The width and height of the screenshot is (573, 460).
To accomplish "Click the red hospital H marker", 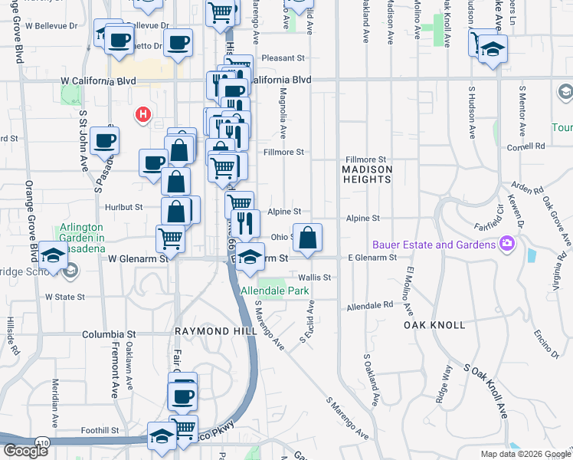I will tap(142, 116).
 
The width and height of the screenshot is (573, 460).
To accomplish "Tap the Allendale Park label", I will tap(275, 291).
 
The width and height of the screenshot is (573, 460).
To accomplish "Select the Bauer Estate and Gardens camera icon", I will tap(506, 245).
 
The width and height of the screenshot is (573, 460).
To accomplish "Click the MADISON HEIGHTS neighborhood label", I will tap(367, 174).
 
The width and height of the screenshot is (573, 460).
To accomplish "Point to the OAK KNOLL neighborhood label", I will tap(434, 325).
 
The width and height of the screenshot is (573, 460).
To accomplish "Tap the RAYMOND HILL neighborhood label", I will tap(213, 331).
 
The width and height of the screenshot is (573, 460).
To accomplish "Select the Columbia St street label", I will tap(109, 335).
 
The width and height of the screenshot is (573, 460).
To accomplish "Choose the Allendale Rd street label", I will tap(369, 306).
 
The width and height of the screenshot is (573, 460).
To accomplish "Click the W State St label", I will tap(65, 296).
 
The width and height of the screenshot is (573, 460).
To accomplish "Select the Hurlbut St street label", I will tap(123, 207).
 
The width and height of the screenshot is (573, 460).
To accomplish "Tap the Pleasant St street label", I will tap(283, 58).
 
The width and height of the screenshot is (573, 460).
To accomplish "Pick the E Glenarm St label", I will tap(372, 258).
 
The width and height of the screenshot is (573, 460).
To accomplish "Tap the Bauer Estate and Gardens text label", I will tap(434, 245).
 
